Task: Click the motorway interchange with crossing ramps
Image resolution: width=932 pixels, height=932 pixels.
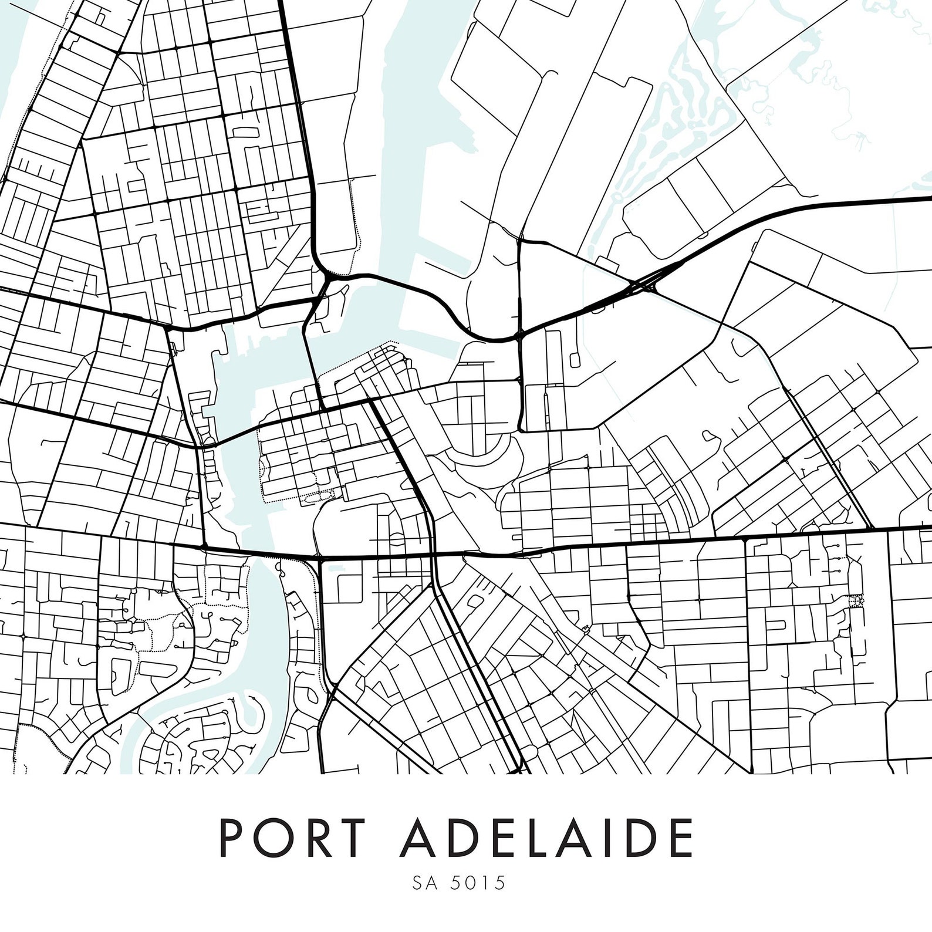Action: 646,285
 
